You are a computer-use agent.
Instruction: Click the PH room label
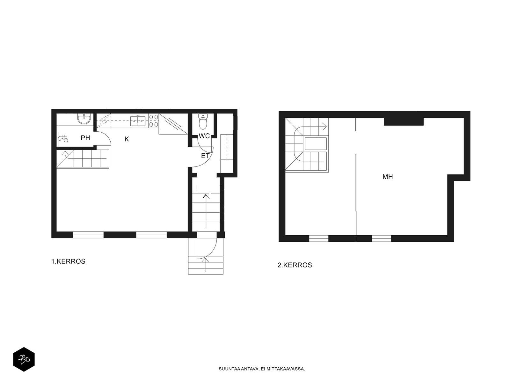tap(85, 138)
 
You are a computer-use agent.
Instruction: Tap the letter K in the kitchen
tap(127, 139)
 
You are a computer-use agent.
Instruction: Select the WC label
tap(204, 136)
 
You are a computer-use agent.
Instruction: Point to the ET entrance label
tap(205, 156)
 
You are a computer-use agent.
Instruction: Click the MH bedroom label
tap(388, 177)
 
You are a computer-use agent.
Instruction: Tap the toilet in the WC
tap(203, 121)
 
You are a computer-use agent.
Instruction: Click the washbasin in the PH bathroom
tap(84, 119)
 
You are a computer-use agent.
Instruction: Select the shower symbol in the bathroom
tap(63, 138)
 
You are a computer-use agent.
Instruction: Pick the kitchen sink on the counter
tap(138, 121)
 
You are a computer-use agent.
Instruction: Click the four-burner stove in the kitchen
tap(154, 121)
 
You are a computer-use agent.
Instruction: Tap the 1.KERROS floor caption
tap(68, 261)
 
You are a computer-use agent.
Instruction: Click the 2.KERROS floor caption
tap(295, 265)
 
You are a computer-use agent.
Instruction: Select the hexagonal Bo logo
tap(24, 359)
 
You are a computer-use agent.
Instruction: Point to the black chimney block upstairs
tap(404, 119)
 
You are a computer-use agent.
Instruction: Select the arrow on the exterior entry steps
tap(205, 265)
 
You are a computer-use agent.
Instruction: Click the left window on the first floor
tap(88, 235)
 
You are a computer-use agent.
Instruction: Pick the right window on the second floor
tap(381, 239)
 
